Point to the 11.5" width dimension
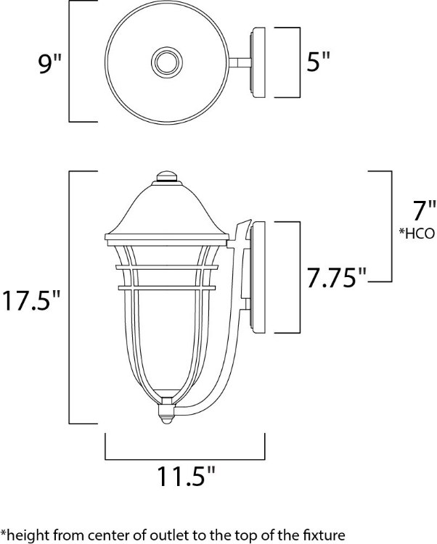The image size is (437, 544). click(186, 477)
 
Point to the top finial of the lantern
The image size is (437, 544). click(167, 177)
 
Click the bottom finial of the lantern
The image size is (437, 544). click(167, 415)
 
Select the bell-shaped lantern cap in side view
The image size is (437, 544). click(167, 210)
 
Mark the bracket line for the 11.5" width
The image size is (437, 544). click(185, 459)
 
